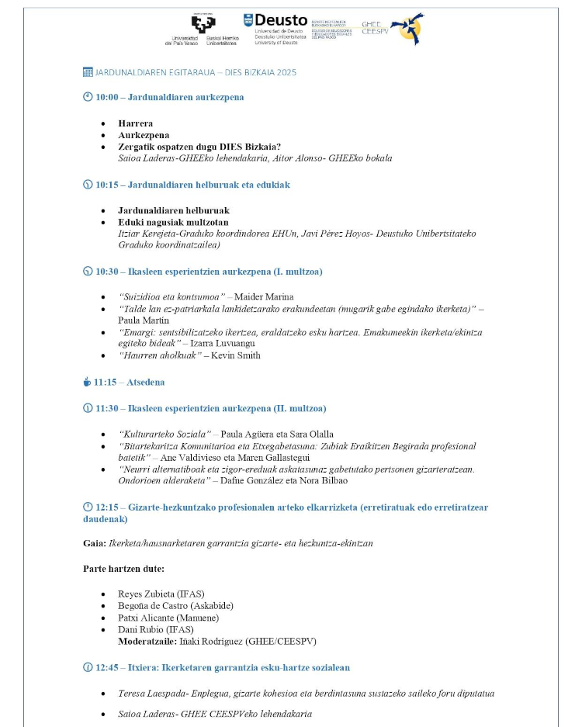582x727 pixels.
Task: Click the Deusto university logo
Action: point(275,28)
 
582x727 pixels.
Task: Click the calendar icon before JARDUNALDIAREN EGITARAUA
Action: point(88,72)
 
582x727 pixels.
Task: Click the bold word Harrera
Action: point(135,123)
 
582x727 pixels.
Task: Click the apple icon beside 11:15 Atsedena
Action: point(87,382)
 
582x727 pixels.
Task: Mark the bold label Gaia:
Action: point(94,542)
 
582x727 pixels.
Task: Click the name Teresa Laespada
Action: point(149,693)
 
